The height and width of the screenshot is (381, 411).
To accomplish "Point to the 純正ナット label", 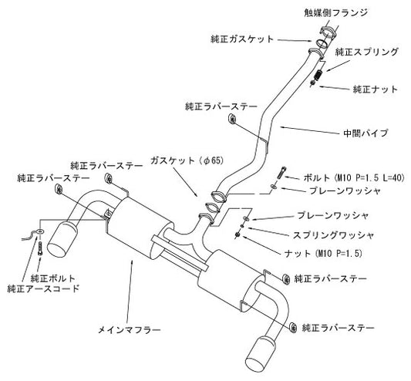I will pyautogui.click(x=375, y=89).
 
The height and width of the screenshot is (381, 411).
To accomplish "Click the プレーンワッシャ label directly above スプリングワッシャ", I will pyautogui.click(x=327, y=217).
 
